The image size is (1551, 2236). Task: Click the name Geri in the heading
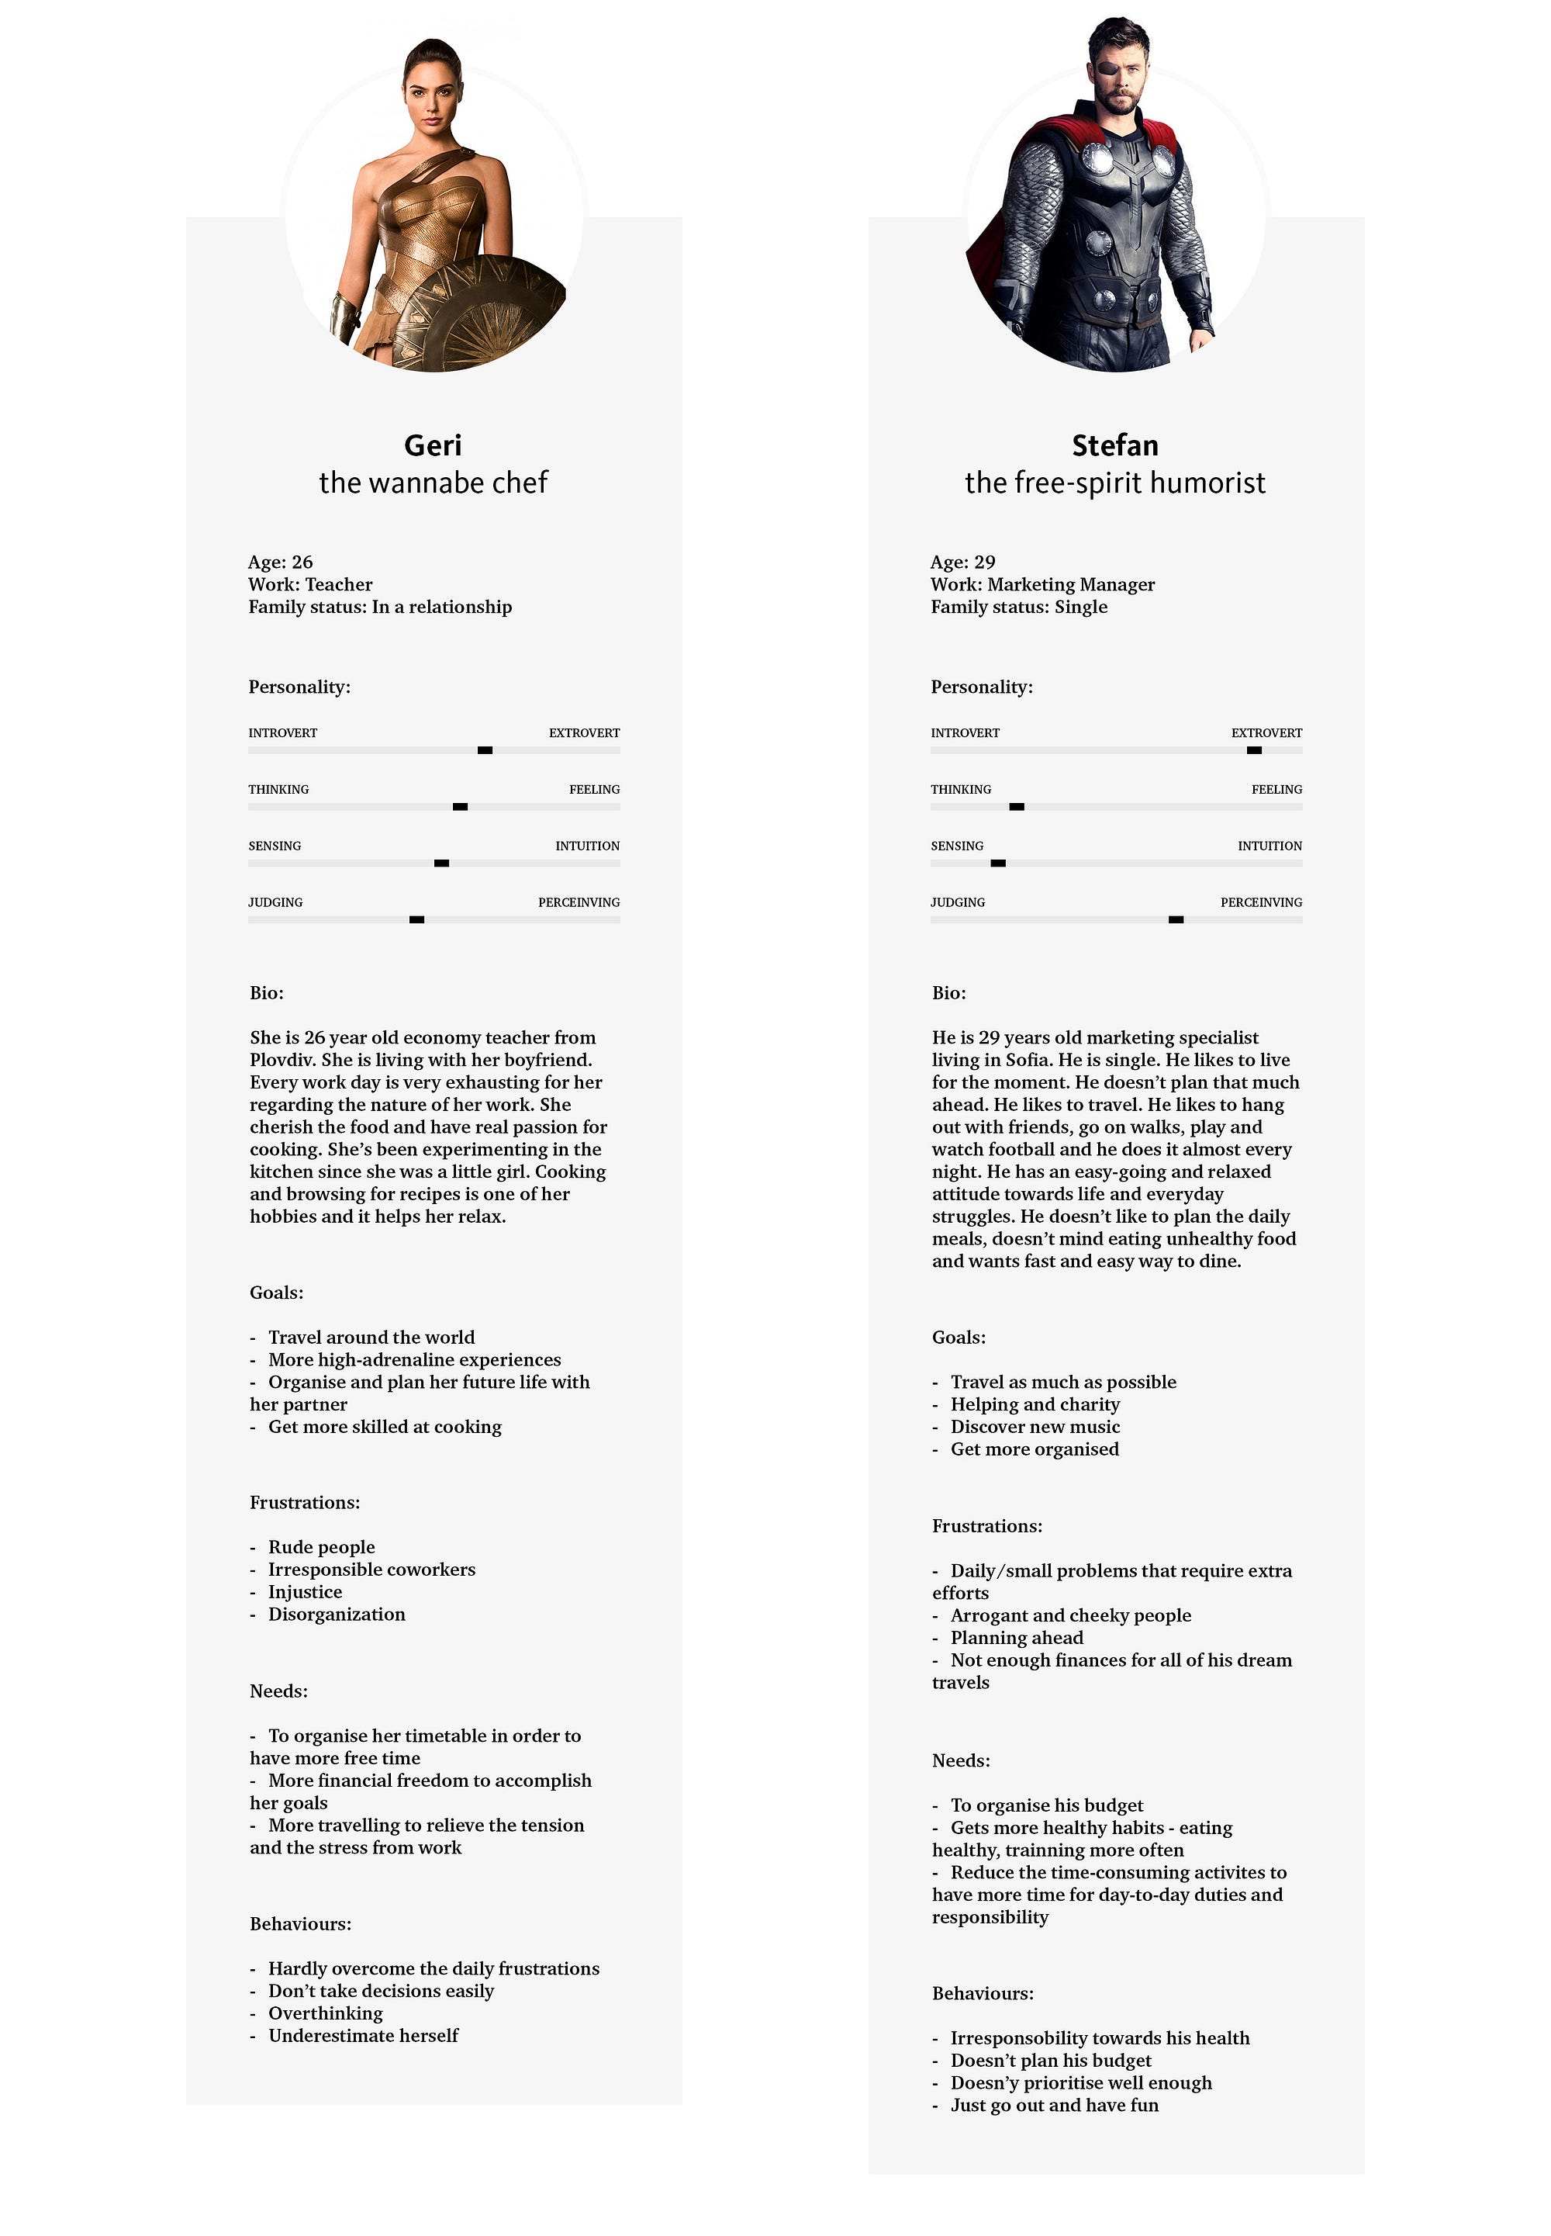pos(433,445)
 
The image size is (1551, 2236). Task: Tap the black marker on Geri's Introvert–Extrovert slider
pos(485,750)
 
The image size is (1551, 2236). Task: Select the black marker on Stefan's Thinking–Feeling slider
pos(1017,807)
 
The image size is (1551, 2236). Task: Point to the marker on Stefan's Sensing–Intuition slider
pos(998,864)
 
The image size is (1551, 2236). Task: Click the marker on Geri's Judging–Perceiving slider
pos(417,919)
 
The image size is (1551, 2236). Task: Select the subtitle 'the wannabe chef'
pos(434,483)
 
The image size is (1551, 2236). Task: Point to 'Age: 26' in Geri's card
pos(281,562)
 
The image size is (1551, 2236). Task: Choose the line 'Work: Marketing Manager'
pos(1043,584)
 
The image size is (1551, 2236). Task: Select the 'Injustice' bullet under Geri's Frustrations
pos(305,1591)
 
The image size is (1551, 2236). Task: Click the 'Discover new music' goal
pos(1035,1426)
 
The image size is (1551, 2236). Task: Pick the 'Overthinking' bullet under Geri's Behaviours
pos(326,2013)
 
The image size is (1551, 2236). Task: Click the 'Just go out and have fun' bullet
pos(1055,2105)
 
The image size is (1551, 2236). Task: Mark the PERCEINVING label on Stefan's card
pos(1262,902)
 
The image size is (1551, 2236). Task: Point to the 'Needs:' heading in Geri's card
pos(279,1691)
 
